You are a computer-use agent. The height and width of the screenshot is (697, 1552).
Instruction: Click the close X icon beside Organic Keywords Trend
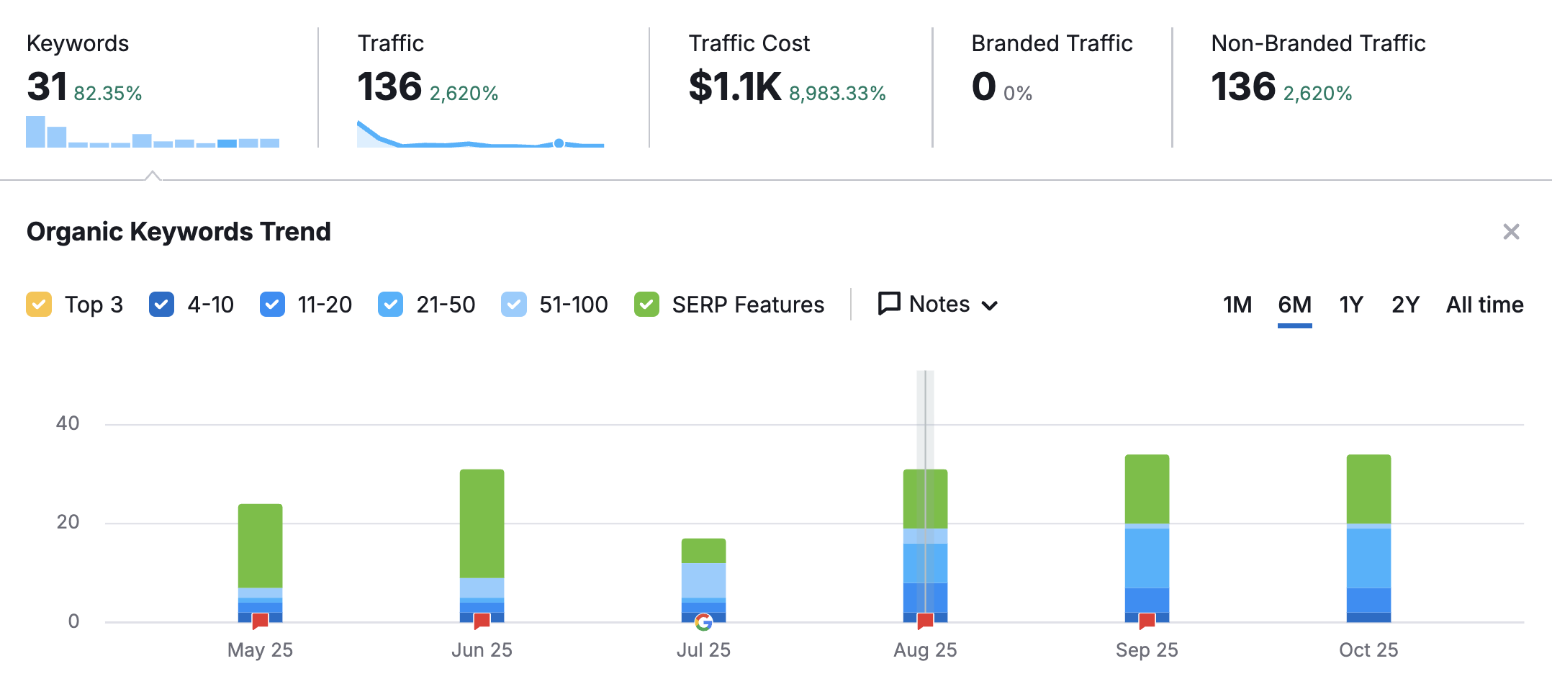point(1511,232)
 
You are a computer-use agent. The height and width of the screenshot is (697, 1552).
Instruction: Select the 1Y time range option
point(1350,305)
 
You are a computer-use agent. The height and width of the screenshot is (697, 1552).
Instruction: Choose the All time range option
point(1484,305)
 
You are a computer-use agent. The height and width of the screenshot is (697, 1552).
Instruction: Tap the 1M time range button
point(1237,305)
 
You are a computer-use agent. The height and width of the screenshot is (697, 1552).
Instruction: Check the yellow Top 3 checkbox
point(39,305)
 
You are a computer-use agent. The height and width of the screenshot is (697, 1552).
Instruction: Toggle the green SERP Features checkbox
point(646,305)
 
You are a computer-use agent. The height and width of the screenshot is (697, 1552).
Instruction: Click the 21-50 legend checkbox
point(390,305)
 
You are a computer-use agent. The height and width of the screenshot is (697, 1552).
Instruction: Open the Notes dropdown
point(938,304)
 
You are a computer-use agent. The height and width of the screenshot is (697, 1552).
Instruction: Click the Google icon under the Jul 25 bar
point(703,621)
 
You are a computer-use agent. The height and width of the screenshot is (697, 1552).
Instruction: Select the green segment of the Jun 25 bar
point(482,523)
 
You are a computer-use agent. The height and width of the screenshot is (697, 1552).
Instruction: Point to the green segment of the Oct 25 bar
point(1368,489)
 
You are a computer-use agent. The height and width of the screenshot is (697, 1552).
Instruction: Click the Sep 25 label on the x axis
point(1146,650)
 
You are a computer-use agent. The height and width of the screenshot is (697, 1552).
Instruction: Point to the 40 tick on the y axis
point(68,423)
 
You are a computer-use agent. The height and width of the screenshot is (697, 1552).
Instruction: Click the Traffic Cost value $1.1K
point(734,87)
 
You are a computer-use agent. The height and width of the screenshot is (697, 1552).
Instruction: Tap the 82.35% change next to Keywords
point(108,94)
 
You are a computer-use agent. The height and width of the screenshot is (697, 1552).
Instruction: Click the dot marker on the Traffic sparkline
point(559,143)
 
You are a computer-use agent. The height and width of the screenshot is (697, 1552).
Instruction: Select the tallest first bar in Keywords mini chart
point(35,132)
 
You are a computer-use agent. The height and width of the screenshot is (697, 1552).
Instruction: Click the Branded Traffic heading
point(1051,43)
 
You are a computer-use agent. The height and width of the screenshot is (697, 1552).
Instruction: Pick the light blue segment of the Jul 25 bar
point(703,580)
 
